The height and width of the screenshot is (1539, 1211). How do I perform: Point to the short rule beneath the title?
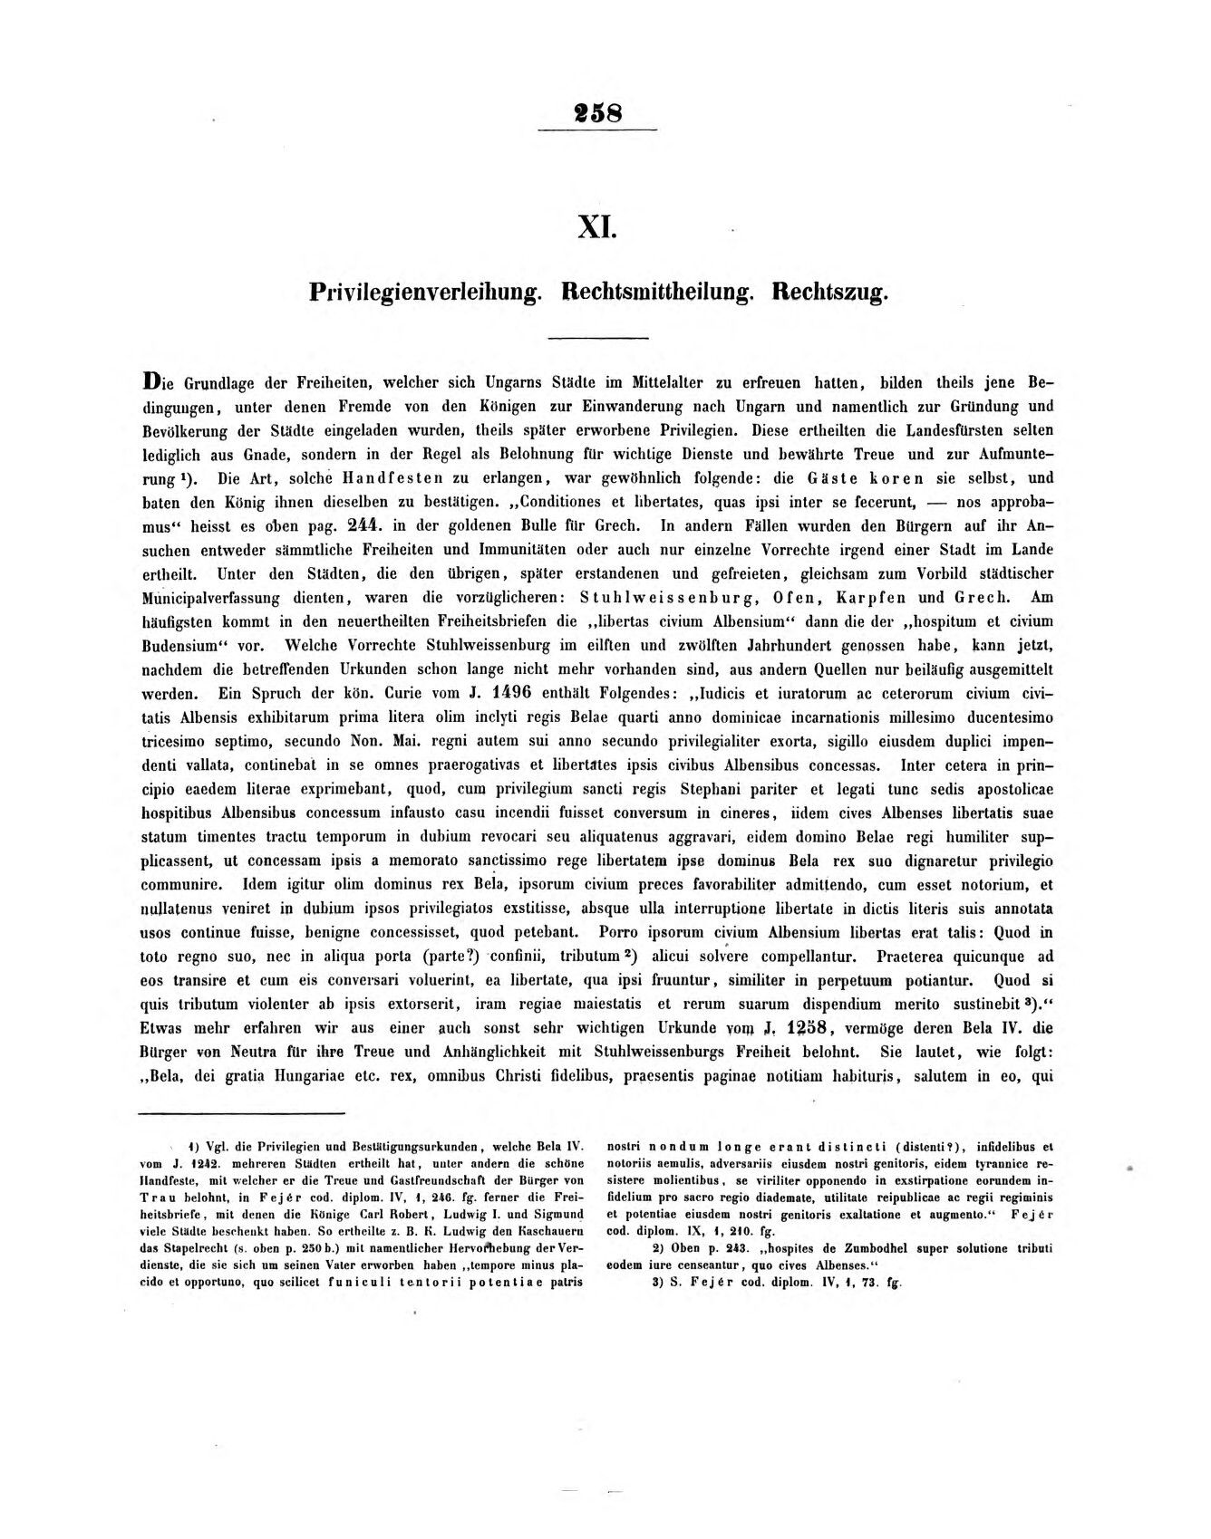[598, 339]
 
